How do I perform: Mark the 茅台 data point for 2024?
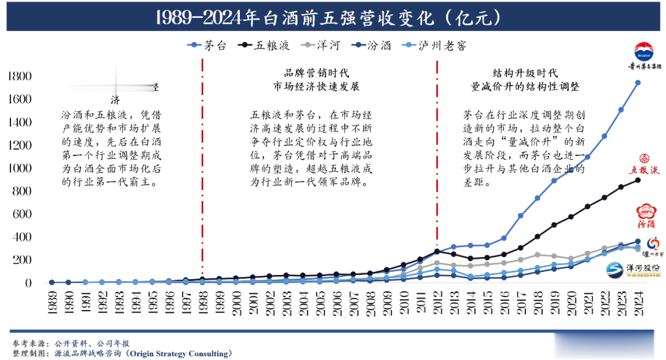click(x=638, y=83)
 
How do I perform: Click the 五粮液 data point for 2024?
click(x=638, y=180)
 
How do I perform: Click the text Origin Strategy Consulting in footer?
click(x=178, y=353)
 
